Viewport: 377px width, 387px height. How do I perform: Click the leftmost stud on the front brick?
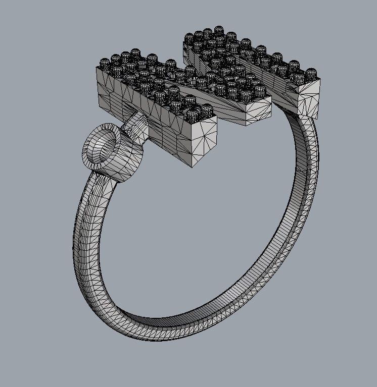pos(104,64)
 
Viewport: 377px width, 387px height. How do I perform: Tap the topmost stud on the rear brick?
pos(219,31)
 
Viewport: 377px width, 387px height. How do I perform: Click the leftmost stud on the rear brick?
pos(190,39)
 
